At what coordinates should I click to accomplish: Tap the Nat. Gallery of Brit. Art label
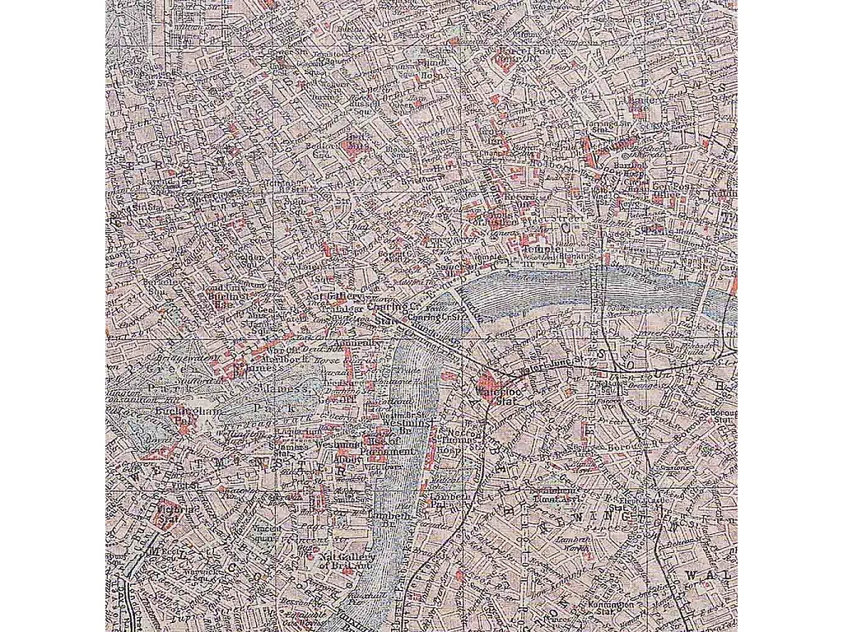334,560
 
